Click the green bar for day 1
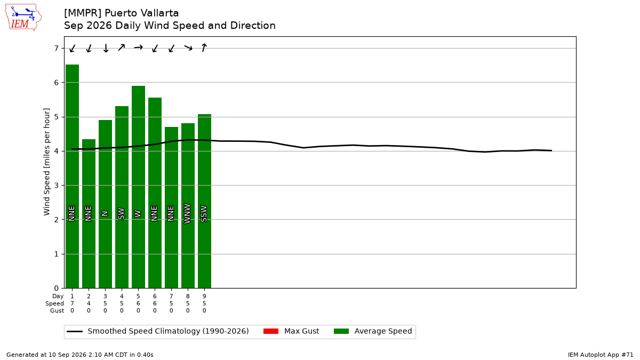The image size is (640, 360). coord(73,177)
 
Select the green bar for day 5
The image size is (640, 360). coord(138,187)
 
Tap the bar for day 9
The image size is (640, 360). coord(205,201)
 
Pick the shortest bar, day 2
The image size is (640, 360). coord(89,214)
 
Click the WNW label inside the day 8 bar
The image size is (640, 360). coord(187,214)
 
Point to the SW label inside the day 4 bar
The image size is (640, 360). coord(122,214)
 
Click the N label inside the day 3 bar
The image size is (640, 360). coord(105,213)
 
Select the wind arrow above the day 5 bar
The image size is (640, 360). coord(138,47)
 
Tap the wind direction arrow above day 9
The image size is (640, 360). coord(204,47)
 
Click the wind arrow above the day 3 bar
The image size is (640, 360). coord(106,48)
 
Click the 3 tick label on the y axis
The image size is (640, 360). coord(56,186)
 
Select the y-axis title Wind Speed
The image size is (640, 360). coord(46,162)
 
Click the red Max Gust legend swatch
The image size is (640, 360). coord(271,331)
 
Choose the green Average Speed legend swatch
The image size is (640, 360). coord(341,331)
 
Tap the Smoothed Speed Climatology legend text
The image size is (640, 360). coord(168,331)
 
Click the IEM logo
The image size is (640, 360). coord(23,17)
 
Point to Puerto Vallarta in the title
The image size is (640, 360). coord(142,13)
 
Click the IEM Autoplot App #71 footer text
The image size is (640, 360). coord(601,355)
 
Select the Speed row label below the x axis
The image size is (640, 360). coord(54,303)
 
